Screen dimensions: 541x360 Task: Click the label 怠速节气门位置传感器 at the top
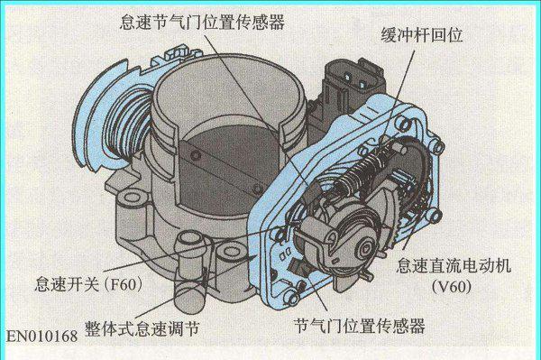click(x=203, y=23)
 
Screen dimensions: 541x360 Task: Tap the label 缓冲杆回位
click(x=422, y=35)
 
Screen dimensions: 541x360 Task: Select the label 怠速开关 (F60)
click(x=88, y=284)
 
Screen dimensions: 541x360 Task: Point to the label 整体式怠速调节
click(x=142, y=328)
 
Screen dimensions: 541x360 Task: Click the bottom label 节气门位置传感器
click(x=359, y=326)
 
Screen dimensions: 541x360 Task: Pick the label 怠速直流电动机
click(x=453, y=266)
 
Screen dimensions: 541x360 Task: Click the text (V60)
click(x=452, y=286)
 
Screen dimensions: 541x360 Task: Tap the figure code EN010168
click(x=42, y=337)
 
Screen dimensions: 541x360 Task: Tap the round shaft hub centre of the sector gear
click(x=365, y=248)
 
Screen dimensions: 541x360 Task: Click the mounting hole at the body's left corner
click(x=132, y=198)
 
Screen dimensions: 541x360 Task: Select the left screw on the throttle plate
click(x=196, y=155)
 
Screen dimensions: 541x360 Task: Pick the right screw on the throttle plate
click(x=258, y=189)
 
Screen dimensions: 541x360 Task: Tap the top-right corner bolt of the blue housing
click(x=438, y=146)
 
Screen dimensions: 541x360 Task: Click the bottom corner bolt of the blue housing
click(x=292, y=298)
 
